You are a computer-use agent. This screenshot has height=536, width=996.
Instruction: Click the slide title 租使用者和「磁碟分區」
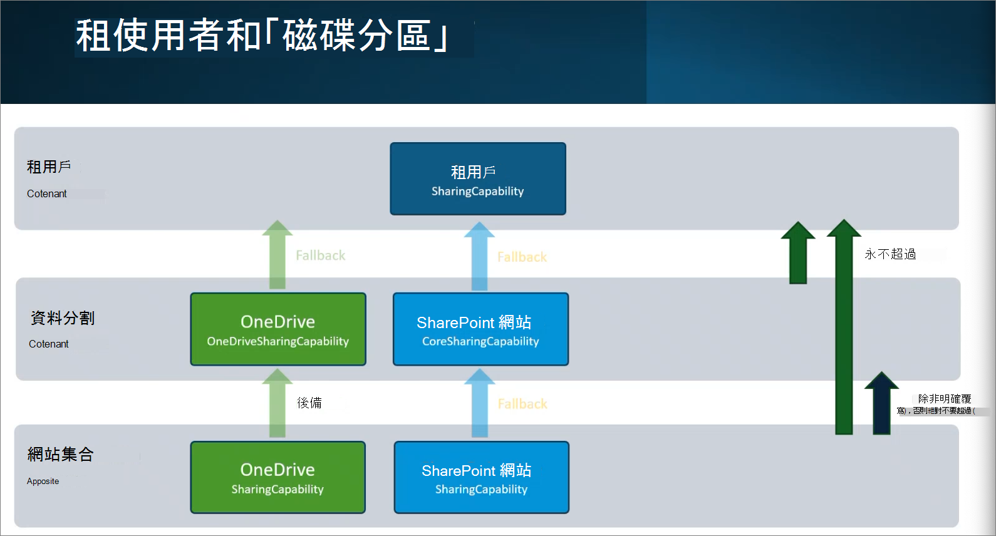262,36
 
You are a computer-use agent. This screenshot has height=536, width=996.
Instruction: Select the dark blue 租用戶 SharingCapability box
477,179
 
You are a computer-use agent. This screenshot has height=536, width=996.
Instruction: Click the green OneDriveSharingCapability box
278,329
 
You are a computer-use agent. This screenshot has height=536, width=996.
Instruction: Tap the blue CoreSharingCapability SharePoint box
480,329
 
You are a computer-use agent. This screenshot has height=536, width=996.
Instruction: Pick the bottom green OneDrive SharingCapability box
278,478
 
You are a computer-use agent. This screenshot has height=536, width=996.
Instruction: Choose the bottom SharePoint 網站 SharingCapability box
481,478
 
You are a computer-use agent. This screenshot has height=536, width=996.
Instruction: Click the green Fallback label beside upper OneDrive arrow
320,255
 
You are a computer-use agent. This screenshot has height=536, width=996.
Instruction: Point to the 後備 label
309,403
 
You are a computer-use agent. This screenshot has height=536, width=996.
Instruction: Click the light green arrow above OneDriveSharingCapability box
278,255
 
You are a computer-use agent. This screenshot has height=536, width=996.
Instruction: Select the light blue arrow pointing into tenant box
479,257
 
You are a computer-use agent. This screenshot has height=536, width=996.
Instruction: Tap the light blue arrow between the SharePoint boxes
479,404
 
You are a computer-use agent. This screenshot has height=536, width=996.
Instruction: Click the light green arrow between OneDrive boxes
278,404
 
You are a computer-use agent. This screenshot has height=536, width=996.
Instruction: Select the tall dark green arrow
844,332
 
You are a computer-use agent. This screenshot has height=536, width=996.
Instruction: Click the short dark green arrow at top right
797,254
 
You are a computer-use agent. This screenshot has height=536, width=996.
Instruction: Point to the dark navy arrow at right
881,404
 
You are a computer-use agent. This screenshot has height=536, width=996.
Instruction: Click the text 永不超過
890,254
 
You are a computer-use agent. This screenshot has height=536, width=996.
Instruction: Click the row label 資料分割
63,318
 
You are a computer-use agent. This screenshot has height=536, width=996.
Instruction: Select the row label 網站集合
61,455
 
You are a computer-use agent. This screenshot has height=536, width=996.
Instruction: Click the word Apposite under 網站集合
43,482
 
